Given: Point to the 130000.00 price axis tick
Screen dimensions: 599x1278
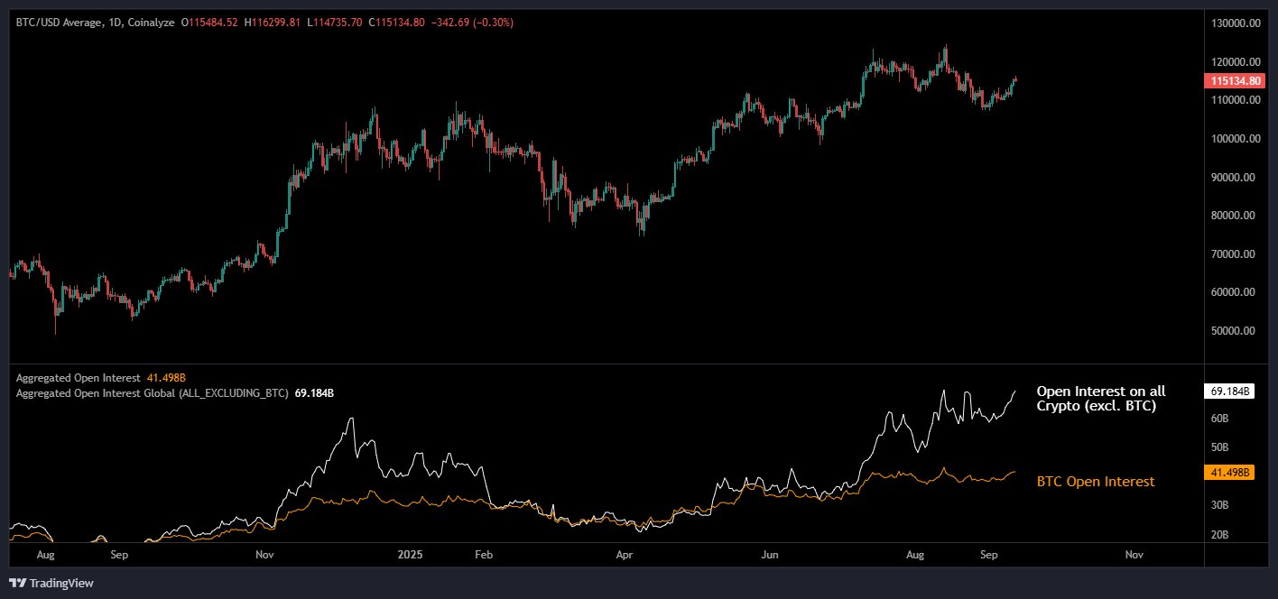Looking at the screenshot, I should pyautogui.click(x=1235, y=23).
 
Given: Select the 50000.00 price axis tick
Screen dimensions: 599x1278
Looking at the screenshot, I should pyautogui.click(x=1236, y=331).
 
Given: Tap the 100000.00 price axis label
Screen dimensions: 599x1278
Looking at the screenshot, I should pyautogui.click(x=1235, y=139).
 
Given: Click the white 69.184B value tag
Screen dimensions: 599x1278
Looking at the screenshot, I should pyautogui.click(x=1229, y=392).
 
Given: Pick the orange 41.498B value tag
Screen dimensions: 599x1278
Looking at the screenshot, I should pyautogui.click(x=1229, y=472).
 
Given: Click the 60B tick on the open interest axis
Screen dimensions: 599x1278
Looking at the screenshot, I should pyautogui.click(x=1219, y=419).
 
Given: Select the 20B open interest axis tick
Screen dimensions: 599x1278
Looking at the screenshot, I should pyautogui.click(x=1219, y=535).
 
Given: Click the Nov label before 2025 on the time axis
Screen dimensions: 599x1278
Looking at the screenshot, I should pyautogui.click(x=264, y=554).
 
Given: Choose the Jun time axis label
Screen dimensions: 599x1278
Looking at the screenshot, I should pyautogui.click(x=770, y=554).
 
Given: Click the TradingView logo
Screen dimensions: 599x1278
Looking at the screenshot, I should pyautogui.click(x=52, y=584).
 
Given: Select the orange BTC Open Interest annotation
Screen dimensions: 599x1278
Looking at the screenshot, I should pyautogui.click(x=1096, y=482).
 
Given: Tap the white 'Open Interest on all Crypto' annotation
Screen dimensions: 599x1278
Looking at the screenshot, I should pyautogui.click(x=1101, y=399).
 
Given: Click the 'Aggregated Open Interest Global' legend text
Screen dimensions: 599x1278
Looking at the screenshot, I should pyautogui.click(x=152, y=393).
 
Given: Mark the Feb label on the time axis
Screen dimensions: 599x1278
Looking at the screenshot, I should pyautogui.click(x=484, y=554).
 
